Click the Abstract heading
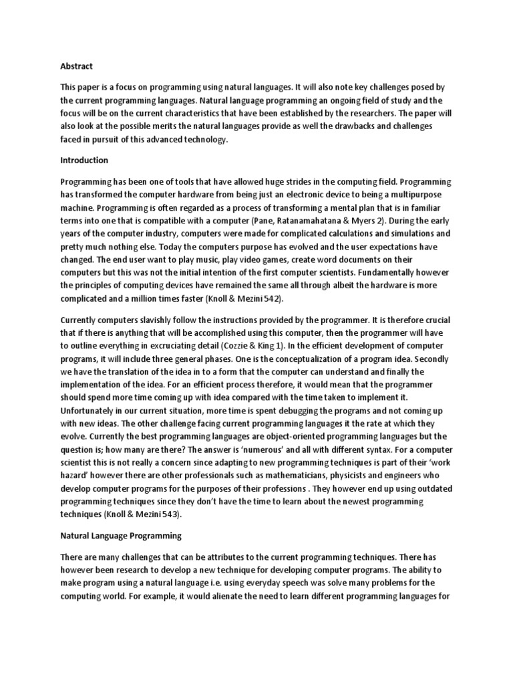(x=76, y=66)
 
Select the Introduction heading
(x=84, y=161)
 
